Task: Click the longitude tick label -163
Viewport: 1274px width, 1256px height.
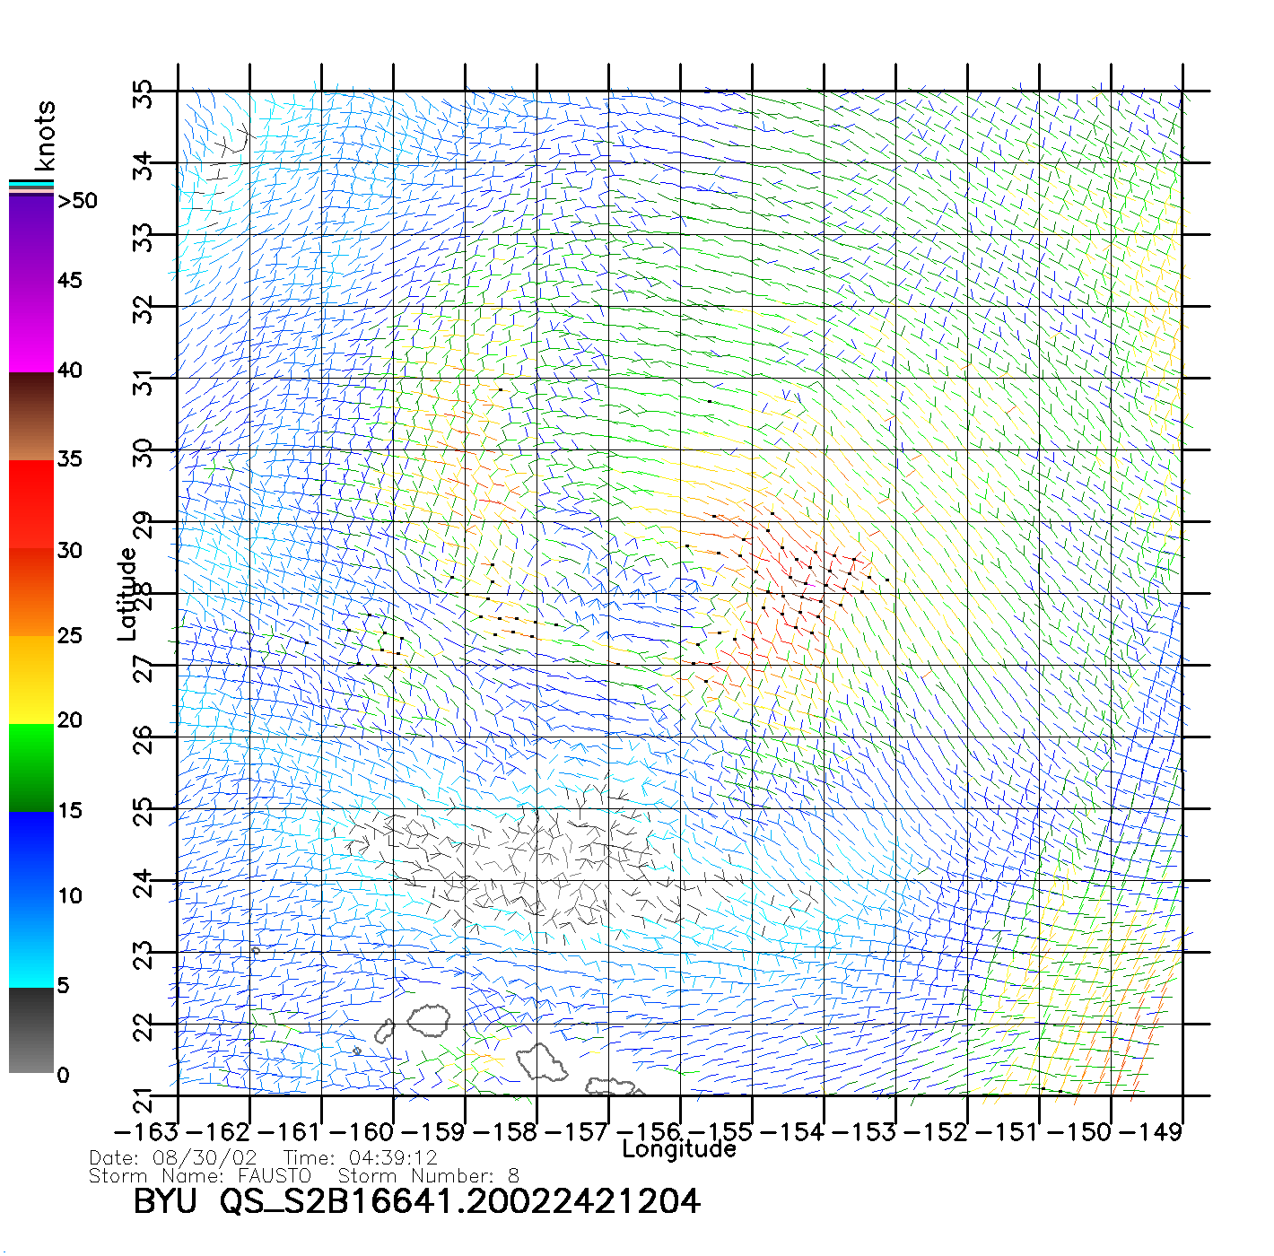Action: (145, 1132)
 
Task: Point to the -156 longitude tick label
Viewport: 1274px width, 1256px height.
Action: (649, 1132)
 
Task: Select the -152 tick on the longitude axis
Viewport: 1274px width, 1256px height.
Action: (936, 1132)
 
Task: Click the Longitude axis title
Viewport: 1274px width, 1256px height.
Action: (679, 1149)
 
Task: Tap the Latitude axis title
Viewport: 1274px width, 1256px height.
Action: (127, 594)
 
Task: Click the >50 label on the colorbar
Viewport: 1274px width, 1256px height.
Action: (78, 201)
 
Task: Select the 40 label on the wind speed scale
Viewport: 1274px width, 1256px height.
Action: (69, 370)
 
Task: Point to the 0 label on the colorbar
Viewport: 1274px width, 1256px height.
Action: (63, 1075)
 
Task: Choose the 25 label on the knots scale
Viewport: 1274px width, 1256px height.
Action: (69, 636)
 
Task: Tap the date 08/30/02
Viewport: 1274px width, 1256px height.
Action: (205, 1157)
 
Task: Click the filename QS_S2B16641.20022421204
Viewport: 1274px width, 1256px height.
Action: (459, 1201)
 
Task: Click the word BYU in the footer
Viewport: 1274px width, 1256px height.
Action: (164, 1201)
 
